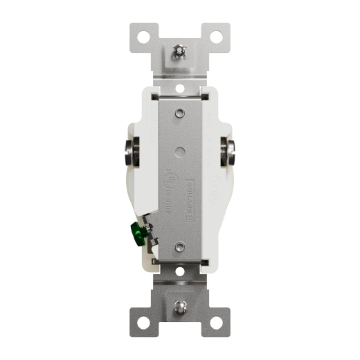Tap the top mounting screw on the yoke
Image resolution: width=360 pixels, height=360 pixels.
(x=180, y=51)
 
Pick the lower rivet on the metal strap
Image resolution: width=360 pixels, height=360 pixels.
(x=179, y=246)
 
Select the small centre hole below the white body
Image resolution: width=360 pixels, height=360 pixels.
(x=180, y=272)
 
